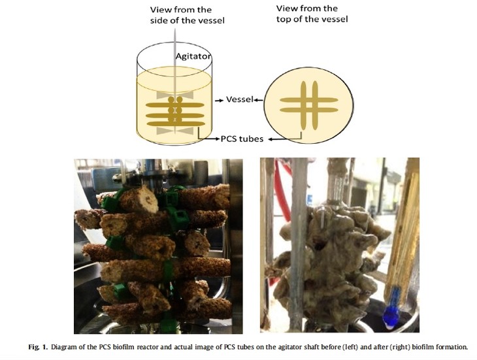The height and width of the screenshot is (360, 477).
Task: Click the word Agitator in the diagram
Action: tap(193, 56)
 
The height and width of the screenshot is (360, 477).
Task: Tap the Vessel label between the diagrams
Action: tap(240, 99)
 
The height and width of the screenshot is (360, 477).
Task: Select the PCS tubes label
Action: tap(242, 139)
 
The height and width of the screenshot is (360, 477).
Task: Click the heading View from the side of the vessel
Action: tap(187, 15)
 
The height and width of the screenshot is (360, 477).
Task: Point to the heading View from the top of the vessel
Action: tap(312, 14)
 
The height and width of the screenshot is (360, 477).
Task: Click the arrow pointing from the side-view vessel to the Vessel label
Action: tap(219, 100)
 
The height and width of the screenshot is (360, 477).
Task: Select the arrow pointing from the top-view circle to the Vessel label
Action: tap(259, 100)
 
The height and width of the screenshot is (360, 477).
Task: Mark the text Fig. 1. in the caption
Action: tap(38, 347)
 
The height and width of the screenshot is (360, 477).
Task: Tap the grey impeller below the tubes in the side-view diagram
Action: tap(175, 131)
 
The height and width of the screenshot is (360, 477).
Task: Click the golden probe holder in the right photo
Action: tap(403, 231)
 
